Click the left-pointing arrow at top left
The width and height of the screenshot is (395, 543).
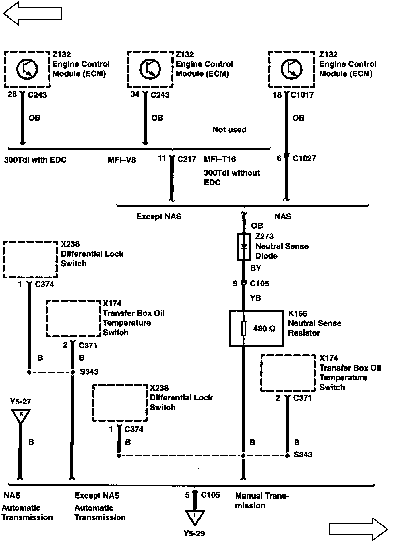[32, 13]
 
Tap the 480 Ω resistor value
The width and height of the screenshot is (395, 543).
[264, 329]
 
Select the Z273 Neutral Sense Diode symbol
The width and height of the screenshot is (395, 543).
[244, 247]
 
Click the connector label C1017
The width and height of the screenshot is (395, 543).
[302, 95]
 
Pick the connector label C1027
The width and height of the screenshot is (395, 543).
[304, 158]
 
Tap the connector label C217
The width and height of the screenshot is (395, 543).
[187, 159]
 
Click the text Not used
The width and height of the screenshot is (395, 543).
[229, 130]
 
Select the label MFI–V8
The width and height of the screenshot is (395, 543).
[122, 160]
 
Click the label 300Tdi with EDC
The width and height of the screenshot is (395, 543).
[35, 160]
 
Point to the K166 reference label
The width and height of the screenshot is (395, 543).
[298, 313]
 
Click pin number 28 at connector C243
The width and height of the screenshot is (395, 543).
[12, 94]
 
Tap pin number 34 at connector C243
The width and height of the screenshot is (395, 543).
[135, 94]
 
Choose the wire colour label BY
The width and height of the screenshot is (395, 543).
[255, 268]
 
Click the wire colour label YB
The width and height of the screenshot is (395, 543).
[255, 298]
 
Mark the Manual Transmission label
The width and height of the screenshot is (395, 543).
[262, 501]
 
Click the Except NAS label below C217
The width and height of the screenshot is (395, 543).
[159, 216]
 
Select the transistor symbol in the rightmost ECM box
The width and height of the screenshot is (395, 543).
[291, 69]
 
